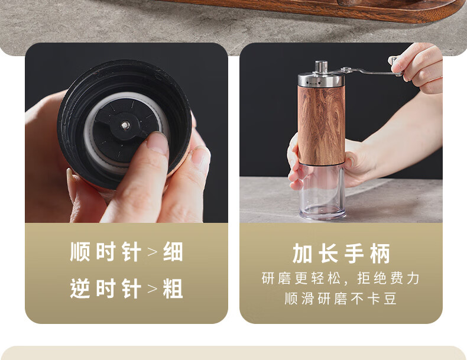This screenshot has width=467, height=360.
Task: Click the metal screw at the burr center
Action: coord(126,125)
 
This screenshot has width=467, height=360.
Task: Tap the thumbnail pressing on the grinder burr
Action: coord(157,143)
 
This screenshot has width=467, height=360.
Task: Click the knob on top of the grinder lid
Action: coord(321,66)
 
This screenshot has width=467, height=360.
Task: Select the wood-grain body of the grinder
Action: coord(322,125)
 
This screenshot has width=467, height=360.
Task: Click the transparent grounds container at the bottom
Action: coord(322,191)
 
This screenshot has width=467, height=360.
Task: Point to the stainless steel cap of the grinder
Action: coord(321,79)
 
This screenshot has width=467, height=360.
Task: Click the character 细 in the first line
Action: coord(173,252)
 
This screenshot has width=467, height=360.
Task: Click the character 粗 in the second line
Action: coord(173,288)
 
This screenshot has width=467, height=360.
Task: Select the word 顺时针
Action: coord(105,252)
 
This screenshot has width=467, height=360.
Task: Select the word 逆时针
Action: coord(105,288)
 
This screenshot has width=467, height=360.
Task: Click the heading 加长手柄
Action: coord(341,254)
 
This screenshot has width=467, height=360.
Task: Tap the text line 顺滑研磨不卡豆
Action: coord(340,299)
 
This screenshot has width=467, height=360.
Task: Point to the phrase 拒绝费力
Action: coord(388,278)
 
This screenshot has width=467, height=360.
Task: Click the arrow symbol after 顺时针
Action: coord(152,252)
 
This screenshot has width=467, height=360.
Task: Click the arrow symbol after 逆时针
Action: coord(152,289)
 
